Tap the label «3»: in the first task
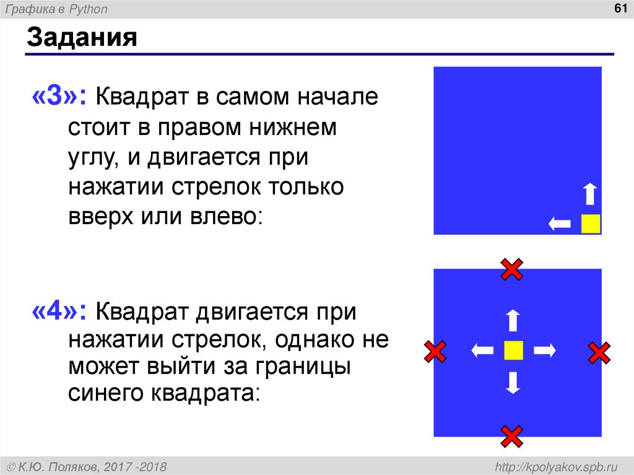(63, 97)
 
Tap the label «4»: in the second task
(63, 311)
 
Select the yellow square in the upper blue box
(591, 223)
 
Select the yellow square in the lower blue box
(513, 351)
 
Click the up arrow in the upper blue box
(591, 194)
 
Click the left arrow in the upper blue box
(560, 224)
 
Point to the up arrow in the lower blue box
(513, 321)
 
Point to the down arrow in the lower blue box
(513, 383)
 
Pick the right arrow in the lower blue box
(545, 351)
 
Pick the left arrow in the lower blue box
(482, 351)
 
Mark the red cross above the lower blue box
(512, 269)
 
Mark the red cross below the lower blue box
(512, 436)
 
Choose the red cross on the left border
(435, 352)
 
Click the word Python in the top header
(90, 9)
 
